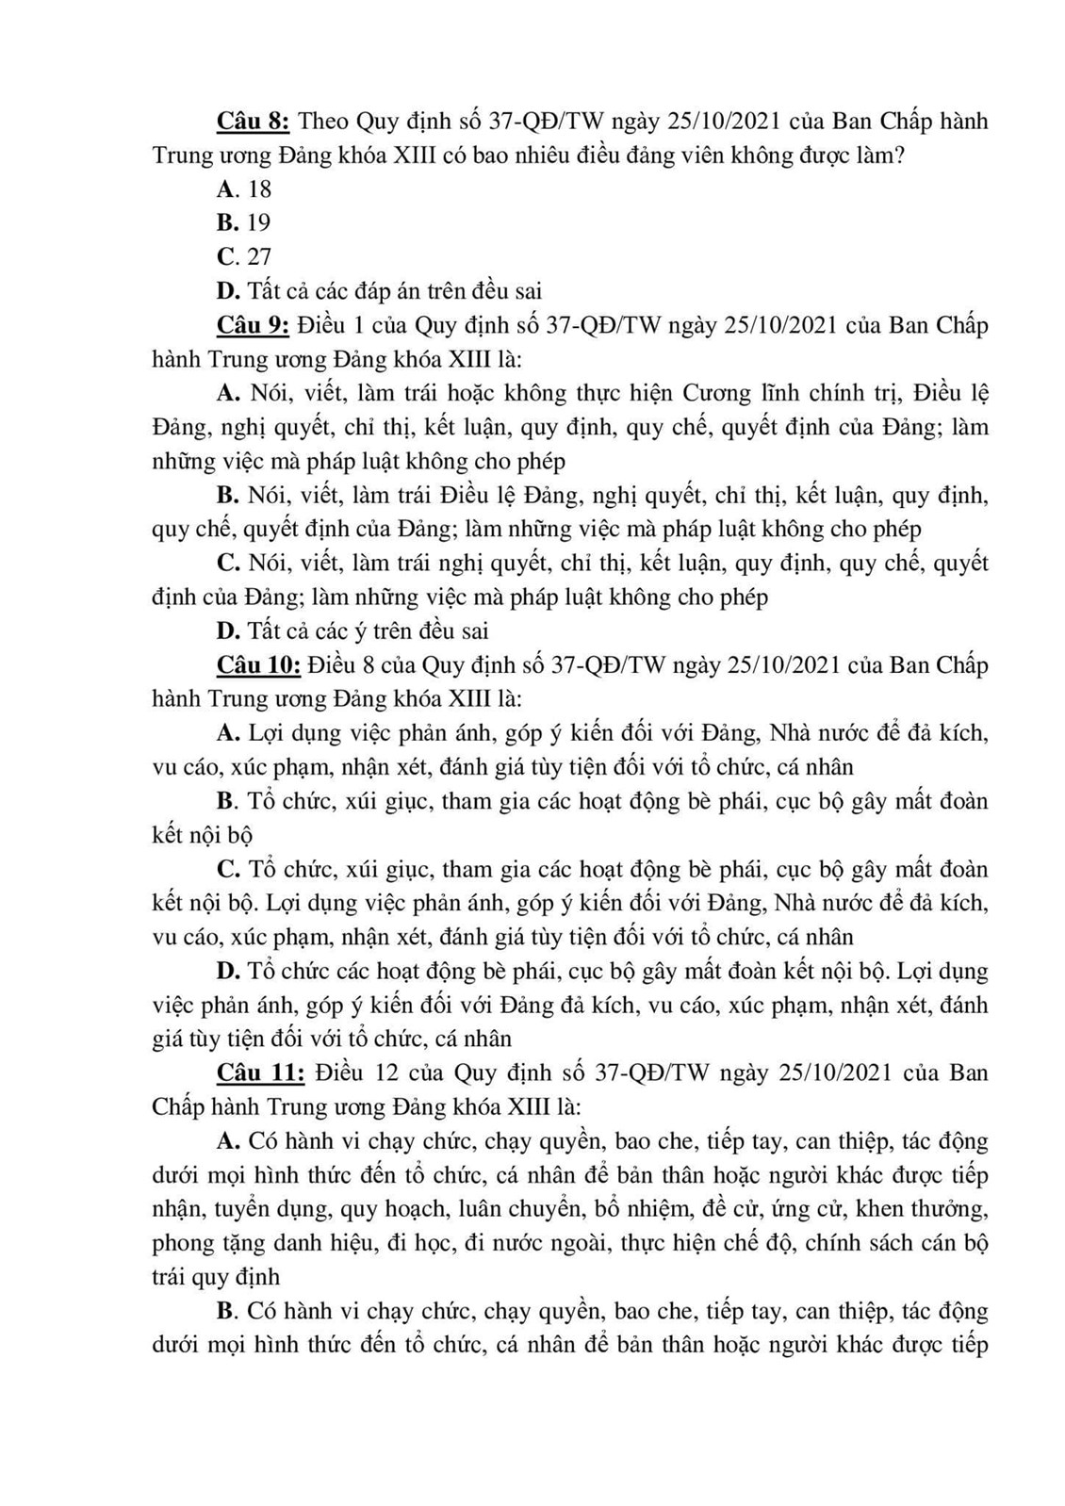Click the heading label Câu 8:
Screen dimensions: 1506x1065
[x=253, y=122]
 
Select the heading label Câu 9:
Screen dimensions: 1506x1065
[x=253, y=325]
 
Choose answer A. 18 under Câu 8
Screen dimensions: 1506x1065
[x=244, y=189]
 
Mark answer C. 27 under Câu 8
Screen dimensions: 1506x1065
[x=244, y=257]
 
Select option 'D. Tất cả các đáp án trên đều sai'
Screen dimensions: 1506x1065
[x=379, y=291]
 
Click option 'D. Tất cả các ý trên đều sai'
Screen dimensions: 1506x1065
[x=352, y=630]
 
